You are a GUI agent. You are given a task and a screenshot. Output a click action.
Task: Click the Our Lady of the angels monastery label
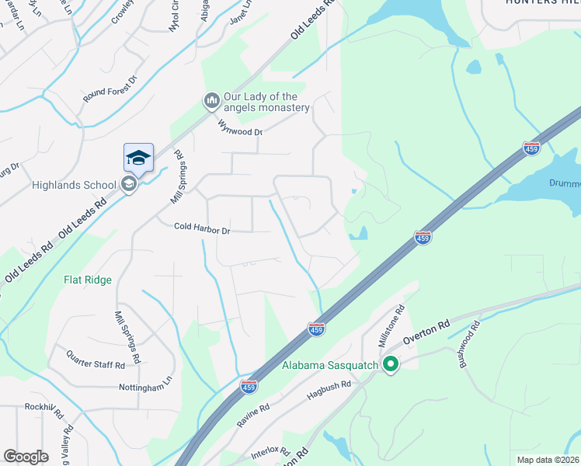pos(266,102)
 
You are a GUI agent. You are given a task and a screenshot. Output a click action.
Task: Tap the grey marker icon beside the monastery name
pos(211,101)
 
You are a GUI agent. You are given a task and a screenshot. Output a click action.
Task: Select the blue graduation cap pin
pos(138,158)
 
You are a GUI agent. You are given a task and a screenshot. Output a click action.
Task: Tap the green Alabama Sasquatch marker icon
pos(391,364)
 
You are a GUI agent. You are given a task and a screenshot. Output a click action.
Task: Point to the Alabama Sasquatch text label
pos(329,365)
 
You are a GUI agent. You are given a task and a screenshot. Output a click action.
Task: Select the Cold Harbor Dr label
pos(202,230)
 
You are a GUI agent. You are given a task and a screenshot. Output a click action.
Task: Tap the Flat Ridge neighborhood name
pos(88,280)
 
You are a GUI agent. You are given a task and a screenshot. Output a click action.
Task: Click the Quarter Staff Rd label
pos(96,363)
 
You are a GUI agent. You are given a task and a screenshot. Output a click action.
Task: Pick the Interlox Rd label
pos(270,450)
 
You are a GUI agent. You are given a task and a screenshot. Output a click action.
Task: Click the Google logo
pos(26,457)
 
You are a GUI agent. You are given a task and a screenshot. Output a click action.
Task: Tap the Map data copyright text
pos(548,460)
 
